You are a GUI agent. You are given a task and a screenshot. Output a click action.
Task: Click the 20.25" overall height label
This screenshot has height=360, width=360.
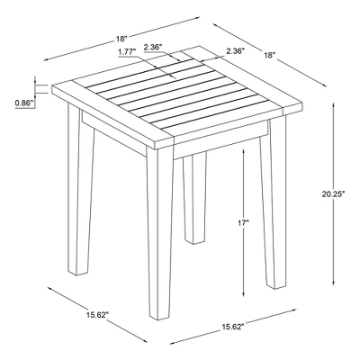(x=332, y=194)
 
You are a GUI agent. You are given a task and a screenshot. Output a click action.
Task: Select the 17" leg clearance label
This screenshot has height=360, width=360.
(x=243, y=222)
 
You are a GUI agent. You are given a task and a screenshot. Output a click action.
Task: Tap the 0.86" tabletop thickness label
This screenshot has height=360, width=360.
(x=23, y=103)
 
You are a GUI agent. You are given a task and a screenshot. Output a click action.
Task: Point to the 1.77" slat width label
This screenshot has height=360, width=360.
(x=127, y=52)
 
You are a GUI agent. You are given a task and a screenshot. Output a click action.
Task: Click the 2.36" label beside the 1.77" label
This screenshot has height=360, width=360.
(x=153, y=47)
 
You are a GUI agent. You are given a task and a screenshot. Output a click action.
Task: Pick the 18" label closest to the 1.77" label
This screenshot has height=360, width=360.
(x=122, y=39)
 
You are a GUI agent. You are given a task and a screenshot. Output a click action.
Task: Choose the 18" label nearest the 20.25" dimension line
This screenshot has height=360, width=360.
(x=270, y=55)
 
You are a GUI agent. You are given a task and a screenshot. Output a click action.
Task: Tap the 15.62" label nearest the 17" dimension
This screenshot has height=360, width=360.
(x=233, y=327)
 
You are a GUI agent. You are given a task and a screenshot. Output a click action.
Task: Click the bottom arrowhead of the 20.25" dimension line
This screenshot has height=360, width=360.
(x=334, y=283)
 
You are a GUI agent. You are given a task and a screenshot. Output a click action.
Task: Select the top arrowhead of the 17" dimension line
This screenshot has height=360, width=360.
(x=244, y=150)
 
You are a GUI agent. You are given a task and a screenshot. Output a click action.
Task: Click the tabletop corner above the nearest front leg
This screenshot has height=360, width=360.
(x=155, y=150)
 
